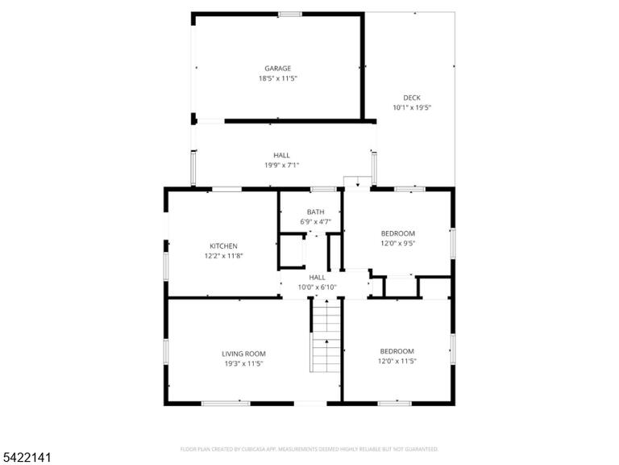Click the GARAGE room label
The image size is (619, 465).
point(278,69)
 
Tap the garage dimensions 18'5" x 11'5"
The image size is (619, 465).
point(278,78)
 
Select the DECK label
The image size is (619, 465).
point(412,98)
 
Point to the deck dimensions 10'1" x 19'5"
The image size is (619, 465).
point(412,107)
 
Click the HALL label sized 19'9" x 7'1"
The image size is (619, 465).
point(281,155)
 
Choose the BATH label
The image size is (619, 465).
point(316,212)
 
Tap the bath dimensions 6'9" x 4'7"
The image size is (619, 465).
point(316,222)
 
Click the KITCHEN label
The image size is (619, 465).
point(223,246)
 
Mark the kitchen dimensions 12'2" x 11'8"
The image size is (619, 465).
point(223,256)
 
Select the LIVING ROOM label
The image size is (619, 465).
point(243,354)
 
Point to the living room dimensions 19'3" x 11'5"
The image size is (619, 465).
point(243,364)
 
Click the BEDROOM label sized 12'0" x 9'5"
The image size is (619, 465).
point(398,233)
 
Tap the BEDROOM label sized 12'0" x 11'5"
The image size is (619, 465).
point(397,351)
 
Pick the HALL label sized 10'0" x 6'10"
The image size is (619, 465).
point(318,277)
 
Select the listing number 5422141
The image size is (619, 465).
point(26,458)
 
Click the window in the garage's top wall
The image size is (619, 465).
point(290,15)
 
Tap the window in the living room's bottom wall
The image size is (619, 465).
point(226,404)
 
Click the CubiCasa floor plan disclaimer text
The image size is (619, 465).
point(309,449)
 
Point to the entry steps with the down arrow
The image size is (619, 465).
point(357,182)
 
